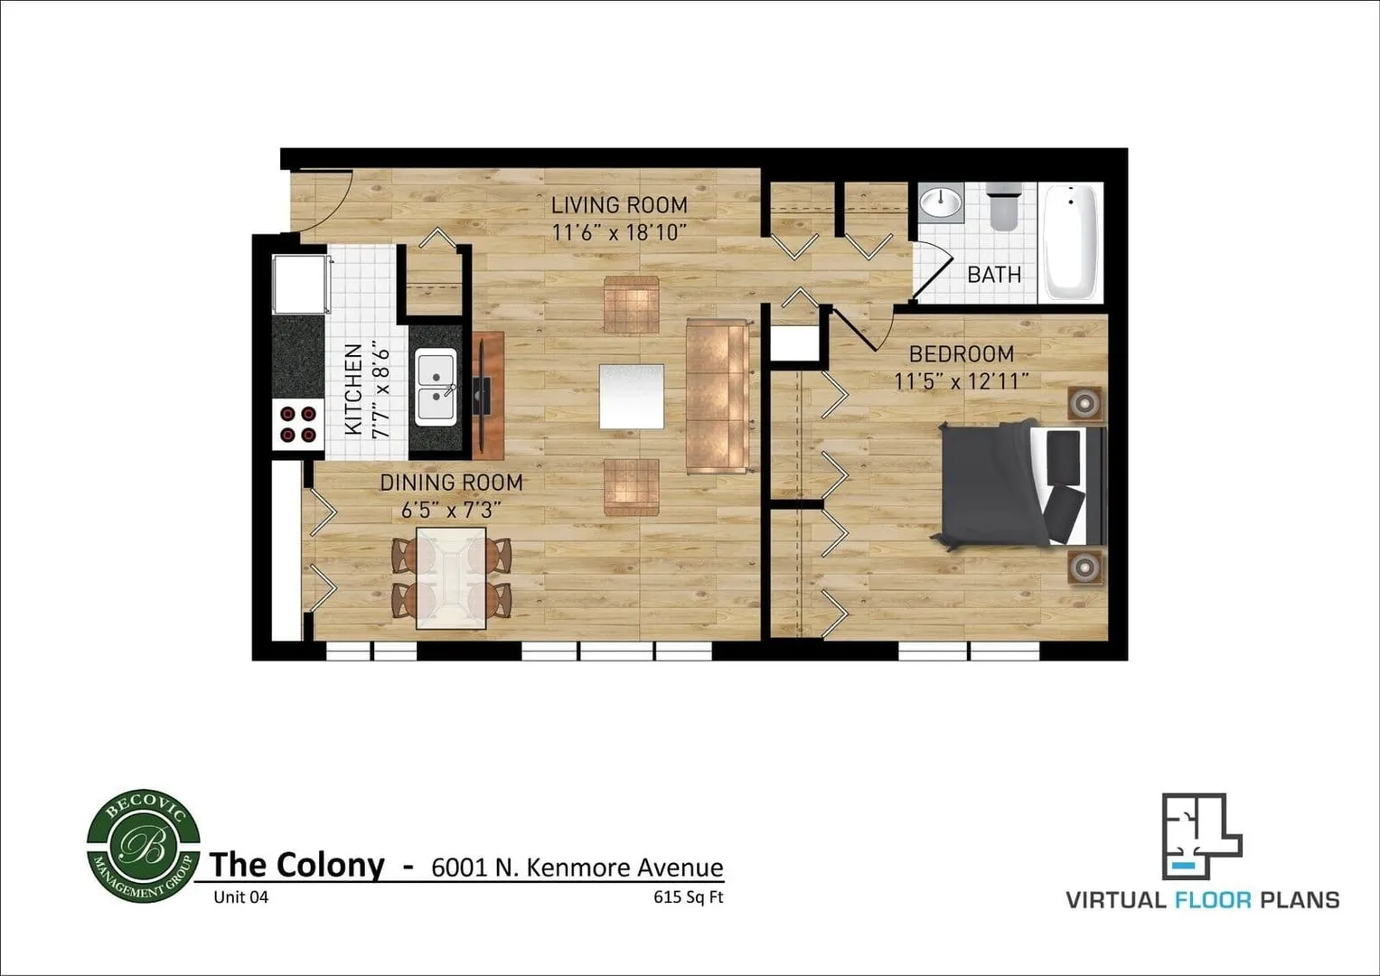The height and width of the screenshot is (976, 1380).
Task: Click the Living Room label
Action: tap(619, 205)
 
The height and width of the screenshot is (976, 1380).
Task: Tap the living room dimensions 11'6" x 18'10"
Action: tap(619, 232)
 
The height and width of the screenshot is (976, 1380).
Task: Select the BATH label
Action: tap(994, 274)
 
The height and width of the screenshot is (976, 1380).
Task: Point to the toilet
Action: tap(1003, 207)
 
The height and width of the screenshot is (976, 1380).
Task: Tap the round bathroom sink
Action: tap(941, 202)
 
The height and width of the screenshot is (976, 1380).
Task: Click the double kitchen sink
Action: tap(436, 386)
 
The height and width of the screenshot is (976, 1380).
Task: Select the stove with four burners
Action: tap(299, 424)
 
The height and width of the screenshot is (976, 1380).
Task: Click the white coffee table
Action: tap(631, 397)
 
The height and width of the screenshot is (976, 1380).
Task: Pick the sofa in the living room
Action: tap(718, 396)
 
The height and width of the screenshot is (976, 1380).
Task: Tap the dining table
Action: tap(450, 578)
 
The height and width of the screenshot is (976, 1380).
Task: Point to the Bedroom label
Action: tap(961, 353)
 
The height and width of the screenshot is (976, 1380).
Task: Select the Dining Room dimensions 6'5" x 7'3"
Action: tap(450, 510)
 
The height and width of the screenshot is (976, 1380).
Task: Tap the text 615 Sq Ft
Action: tap(689, 897)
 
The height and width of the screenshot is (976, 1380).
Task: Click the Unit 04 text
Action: tap(240, 897)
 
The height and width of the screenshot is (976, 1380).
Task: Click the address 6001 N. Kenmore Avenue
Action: tap(577, 868)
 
